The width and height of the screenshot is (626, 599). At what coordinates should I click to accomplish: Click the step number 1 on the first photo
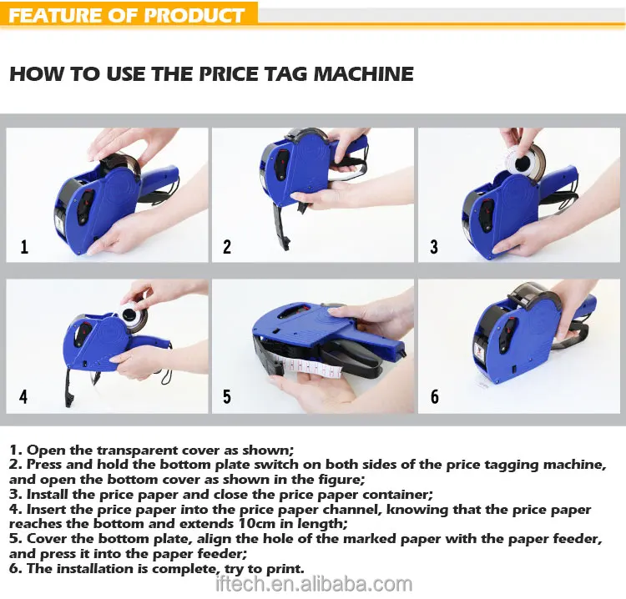coord(24,247)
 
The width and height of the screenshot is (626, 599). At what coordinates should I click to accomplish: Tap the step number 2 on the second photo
coord(227,247)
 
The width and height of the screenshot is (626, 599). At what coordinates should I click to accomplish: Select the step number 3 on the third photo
coord(434,247)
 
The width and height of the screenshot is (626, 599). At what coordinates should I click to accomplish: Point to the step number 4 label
coord(23,396)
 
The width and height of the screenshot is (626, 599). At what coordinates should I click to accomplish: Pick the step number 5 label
coord(227,396)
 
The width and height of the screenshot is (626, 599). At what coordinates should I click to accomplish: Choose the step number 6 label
coord(434,396)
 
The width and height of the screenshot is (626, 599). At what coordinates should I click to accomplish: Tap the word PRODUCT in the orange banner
coord(194,16)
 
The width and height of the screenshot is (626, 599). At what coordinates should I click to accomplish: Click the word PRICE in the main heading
coord(230,73)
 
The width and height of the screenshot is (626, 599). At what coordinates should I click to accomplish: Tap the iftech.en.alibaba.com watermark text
coord(313,585)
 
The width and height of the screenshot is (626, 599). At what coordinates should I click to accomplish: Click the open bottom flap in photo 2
coord(285,224)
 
